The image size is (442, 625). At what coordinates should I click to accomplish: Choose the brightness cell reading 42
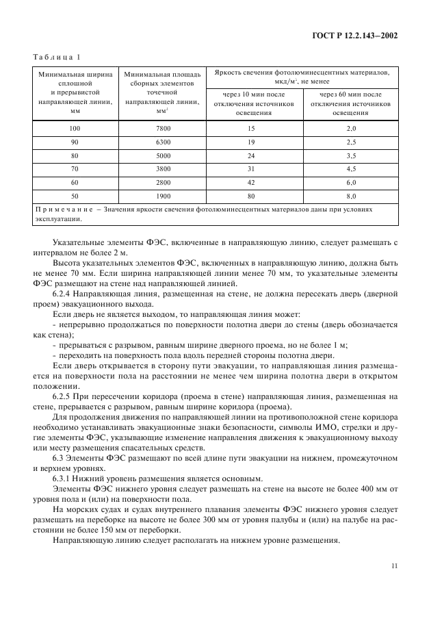[x=251, y=182]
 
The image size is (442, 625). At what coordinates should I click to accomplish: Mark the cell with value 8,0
[x=351, y=196]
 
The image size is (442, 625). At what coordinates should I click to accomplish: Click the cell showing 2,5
[x=351, y=142]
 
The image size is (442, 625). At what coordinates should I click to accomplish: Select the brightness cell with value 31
[x=251, y=169]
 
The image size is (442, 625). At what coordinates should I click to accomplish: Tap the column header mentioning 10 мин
[x=252, y=104]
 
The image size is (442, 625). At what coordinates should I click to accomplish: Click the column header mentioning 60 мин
[x=351, y=104]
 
